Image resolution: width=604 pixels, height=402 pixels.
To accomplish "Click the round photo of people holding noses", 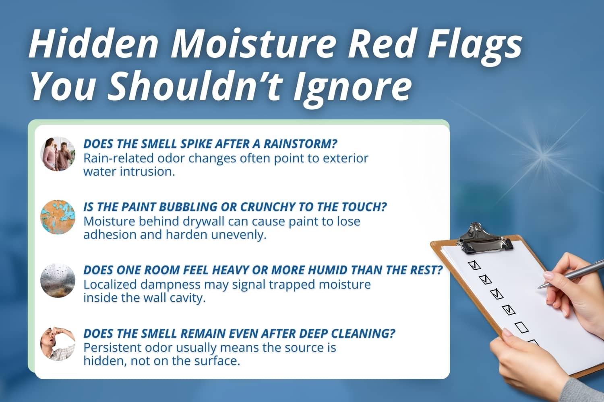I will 58,154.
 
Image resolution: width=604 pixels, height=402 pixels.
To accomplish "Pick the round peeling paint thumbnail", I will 58,217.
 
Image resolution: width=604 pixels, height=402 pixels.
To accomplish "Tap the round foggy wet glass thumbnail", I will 58,280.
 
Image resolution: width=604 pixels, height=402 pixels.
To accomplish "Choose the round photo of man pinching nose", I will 58,343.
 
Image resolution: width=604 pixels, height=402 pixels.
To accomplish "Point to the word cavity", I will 186,298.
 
